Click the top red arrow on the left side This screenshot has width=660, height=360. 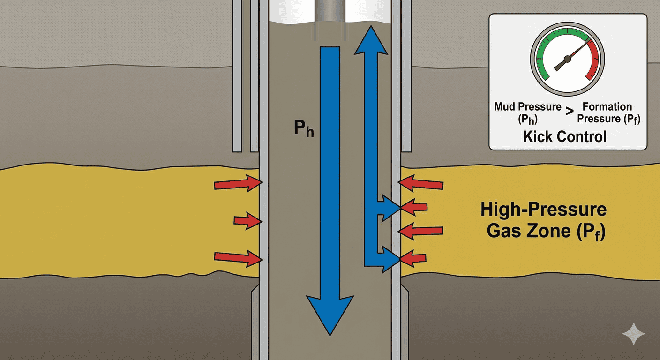[x=237, y=184]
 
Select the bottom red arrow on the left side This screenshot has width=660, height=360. [x=237, y=256]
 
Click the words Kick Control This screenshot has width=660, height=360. [x=564, y=136]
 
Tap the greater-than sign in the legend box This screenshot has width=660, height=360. [x=569, y=111]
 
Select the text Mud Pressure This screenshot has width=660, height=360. [x=528, y=107]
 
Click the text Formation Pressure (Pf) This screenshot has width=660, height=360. [x=608, y=112]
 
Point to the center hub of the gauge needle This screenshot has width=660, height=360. [x=567, y=59]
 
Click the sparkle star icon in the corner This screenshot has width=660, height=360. [x=634, y=334]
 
